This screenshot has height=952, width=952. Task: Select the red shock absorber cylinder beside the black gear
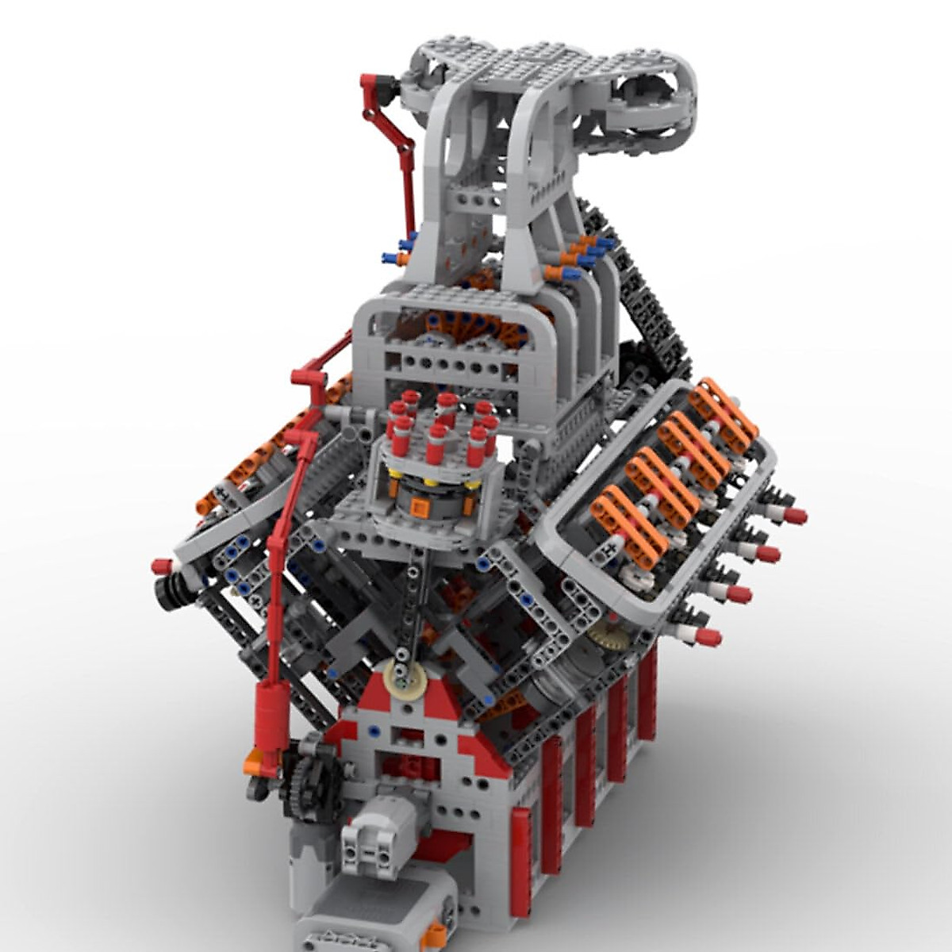(x=269, y=718)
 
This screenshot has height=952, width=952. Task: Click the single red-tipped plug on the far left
(x=163, y=566)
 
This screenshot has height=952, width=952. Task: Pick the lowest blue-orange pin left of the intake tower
(x=394, y=258)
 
